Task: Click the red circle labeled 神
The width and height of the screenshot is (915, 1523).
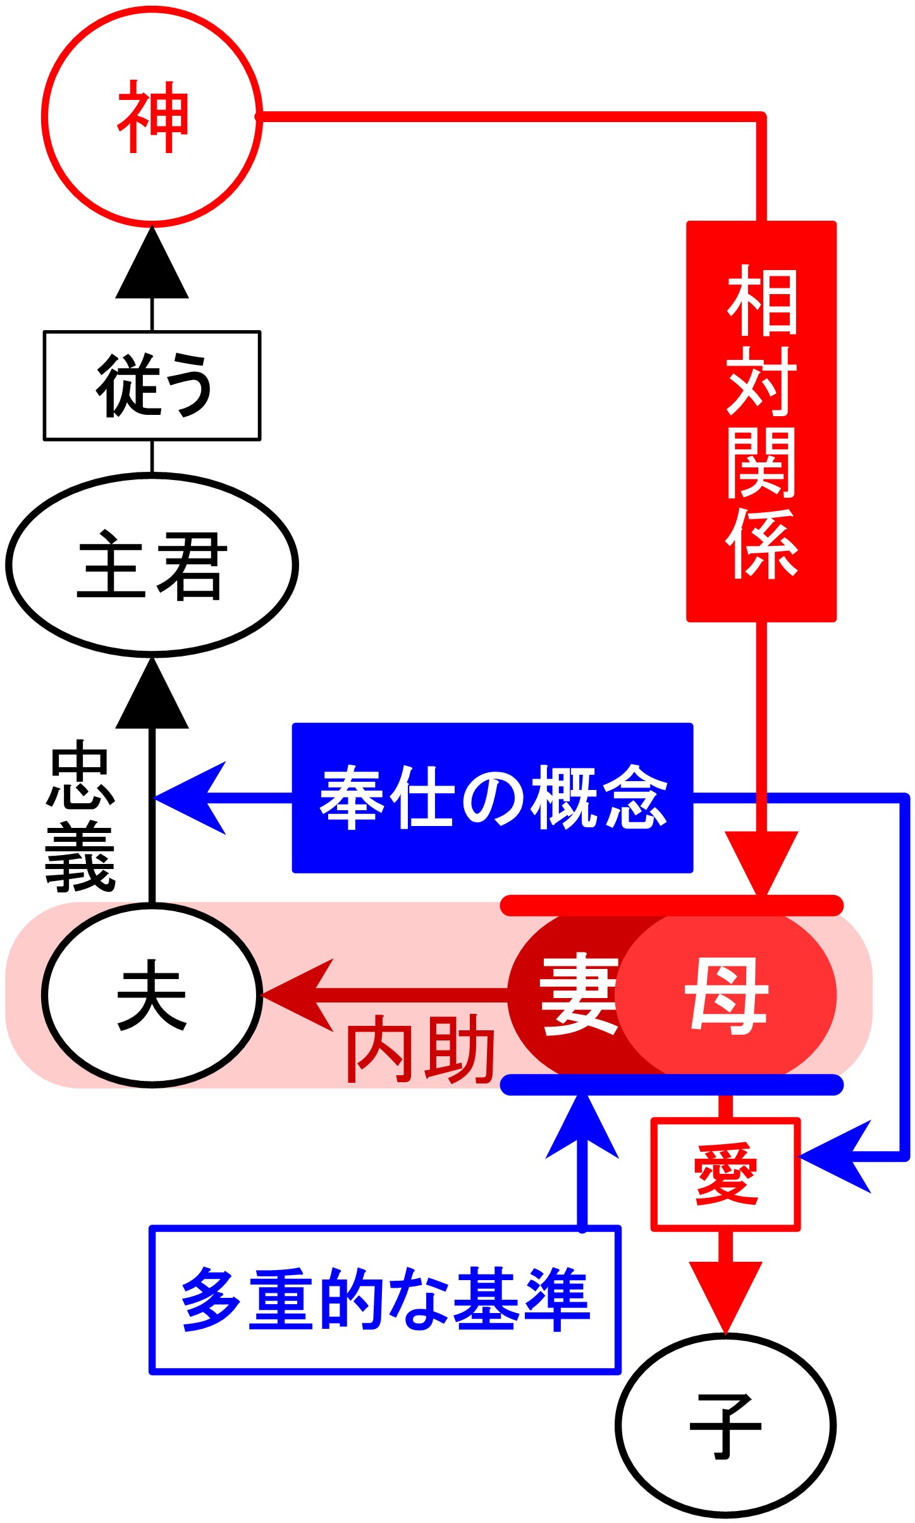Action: pyautogui.click(x=152, y=116)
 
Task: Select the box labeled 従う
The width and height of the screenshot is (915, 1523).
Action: pyautogui.click(x=152, y=385)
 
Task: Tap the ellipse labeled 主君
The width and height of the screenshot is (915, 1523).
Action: pyautogui.click(x=152, y=564)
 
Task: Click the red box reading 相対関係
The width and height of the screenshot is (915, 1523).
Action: pyautogui.click(x=761, y=421)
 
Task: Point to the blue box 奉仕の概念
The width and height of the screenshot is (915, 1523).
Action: pyautogui.click(x=492, y=798)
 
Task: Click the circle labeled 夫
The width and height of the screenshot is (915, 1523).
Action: pyautogui.click(x=152, y=995)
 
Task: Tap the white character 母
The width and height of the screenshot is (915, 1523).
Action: pyautogui.click(x=727, y=995)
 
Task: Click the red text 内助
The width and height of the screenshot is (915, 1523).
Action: pyautogui.click(x=420, y=1050)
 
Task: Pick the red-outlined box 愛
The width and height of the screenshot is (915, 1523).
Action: pyautogui.click(x=725, y=1175)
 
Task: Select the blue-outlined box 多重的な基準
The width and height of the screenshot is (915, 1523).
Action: pyautogui.click(x=384, y=1300)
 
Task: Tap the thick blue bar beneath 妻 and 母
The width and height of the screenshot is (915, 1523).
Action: pyautogui.click(x=672, y=1085)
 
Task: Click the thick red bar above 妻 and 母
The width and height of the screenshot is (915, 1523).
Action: pyautogui.click(x=672, y=905)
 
